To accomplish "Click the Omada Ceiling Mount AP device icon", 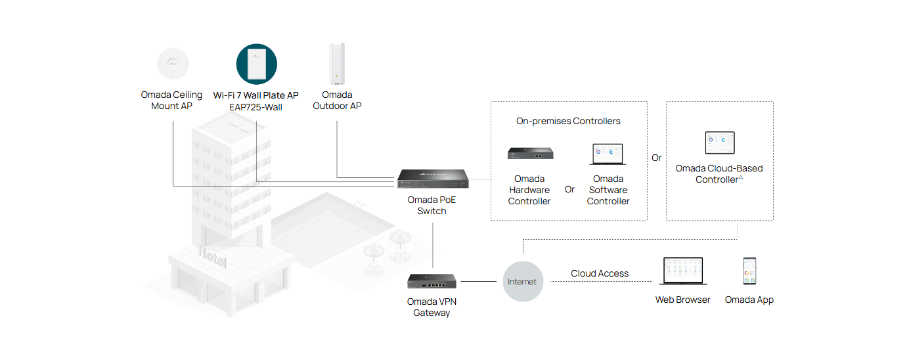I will pyautogui.click(x=172, y=64).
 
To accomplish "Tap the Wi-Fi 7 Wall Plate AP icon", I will pyautogui.click(x=256, y=64).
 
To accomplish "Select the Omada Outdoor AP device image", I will pyautogui.click(x=337, y=64).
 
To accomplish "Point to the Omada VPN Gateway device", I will pyautogui.click(x=432, y=281).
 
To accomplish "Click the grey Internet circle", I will pyautogui.click(x=523, y=282).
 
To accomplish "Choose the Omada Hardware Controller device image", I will pyautogui.click(x=529, y=154).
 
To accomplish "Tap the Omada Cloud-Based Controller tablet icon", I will pyautogui.click(x=719, y=143).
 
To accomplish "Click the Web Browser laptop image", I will pyautogui.click(x=682, y=271).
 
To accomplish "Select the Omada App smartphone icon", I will pyautogui.click(x=749, y=271).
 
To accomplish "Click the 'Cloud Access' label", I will pyautogui.click(x=600, y=273).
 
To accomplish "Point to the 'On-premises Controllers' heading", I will pyautogui.click(x=568, y=121).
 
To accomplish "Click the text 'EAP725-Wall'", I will pyautogui.click(x=255, y=107).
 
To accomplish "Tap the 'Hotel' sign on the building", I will pyautogui.click(x=212, y=257).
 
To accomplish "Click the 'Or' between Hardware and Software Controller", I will pyautogui.click(x=569, y=189).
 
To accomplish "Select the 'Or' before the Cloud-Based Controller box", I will pyautogui.click(x=657, y=158).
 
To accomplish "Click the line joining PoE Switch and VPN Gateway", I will pyautogui.click(x=433, y=244).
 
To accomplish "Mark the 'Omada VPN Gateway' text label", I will pyautogui.click(x=432, y=307).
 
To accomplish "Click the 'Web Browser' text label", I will pyautogui.click(x=682, y=300).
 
